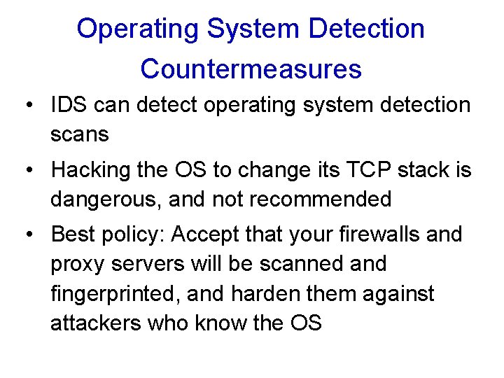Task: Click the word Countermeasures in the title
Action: tap(251, 69)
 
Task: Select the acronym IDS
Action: tap(69, 105)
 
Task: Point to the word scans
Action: tap(80, 134)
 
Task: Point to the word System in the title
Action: tap(253, 29)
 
